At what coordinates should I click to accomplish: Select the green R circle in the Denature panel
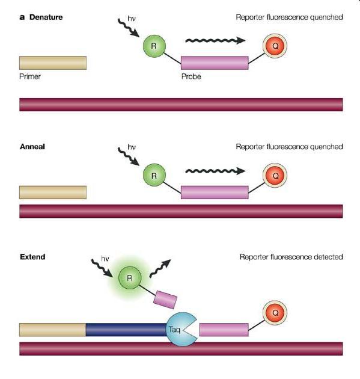coord(154,46)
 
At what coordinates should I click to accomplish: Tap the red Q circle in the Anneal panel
coord(275,175)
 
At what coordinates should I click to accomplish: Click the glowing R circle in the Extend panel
coord(130,278)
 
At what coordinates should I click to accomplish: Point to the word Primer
coord(30,76)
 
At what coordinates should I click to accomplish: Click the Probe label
coord(191,76)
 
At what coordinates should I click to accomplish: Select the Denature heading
coord(46,17)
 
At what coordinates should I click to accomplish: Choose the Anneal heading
coord(32,147)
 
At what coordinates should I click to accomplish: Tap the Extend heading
coord(32,257)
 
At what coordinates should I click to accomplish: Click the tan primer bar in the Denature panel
coord(53,63)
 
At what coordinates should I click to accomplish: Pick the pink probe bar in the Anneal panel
coord(215,193)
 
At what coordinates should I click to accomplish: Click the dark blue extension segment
coord(126,330)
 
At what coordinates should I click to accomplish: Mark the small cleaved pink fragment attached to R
coord(165,300)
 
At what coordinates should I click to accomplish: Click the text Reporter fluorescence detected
coord(291,257)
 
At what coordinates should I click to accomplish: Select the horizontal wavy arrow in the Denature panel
coord(215,41)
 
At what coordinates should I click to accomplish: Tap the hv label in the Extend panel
coord(105,259)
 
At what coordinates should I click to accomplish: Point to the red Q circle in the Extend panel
coord(275,313)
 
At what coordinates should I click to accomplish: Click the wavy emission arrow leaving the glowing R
coord(160,269)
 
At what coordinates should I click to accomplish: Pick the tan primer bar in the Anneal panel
coord(53,193)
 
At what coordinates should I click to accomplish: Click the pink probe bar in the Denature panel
coord(215,63)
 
